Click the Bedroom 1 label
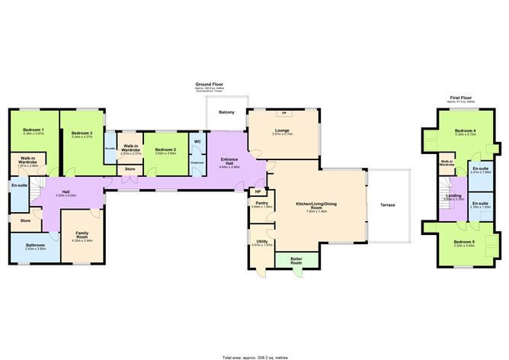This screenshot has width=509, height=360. [33, 130]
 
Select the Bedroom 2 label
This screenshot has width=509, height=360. [165, 149]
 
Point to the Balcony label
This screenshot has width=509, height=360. [226, 113]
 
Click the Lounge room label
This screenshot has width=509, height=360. [283, 130]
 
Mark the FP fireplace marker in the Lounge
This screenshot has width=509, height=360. [284, 114]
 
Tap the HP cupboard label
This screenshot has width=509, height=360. [258, 191]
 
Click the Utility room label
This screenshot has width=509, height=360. [261, 241]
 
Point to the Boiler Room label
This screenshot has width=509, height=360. [296, 259]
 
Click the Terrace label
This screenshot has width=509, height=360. [387, 205]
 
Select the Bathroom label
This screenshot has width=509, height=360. [36, 246]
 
